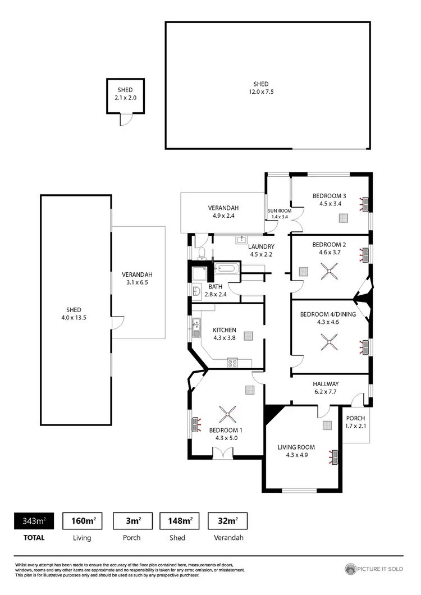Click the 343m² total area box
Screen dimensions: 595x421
(34, 521)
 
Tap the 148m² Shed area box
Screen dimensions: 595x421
(180, 521)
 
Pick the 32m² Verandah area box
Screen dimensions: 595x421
(227, 521)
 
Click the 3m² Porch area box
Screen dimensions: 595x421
(132, 521)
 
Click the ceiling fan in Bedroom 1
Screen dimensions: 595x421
(227, 416)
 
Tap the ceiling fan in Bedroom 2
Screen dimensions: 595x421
(328, 271)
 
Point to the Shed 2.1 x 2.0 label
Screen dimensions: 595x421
(126, 94)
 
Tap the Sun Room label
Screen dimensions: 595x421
(278, 213)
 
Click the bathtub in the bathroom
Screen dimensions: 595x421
(227, 269)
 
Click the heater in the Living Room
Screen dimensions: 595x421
(335, 457)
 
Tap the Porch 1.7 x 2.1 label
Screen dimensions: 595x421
(355, 422)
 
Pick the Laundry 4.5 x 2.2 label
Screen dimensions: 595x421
(260, 250)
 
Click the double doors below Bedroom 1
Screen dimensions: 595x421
(223, 452)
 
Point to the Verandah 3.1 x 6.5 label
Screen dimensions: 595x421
(138, 278)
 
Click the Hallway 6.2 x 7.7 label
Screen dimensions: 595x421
(326, 387)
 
